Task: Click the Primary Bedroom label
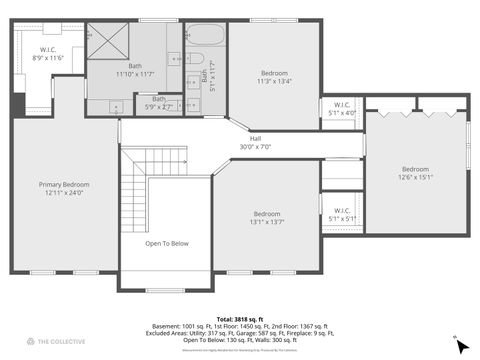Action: [x=64, y=188]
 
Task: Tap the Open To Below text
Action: [x=167, y=243]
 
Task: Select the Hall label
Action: [x=255, y=138]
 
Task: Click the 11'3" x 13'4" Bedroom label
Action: [x=275, y=78]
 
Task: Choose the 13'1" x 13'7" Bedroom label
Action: [x=267, y=218]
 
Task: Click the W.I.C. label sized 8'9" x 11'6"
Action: [x=47, y=54]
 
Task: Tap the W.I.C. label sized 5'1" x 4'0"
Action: [x=342, y=109]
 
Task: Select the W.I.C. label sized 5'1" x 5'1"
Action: [x=342, y=214]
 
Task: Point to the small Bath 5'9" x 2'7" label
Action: [x=159, y=102]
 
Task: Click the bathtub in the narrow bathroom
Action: [x=206, y=40]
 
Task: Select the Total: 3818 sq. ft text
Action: [x=240, y=319]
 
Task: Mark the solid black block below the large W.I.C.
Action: [x=17, y=104]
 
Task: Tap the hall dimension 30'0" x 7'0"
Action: [x=255, y=147]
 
